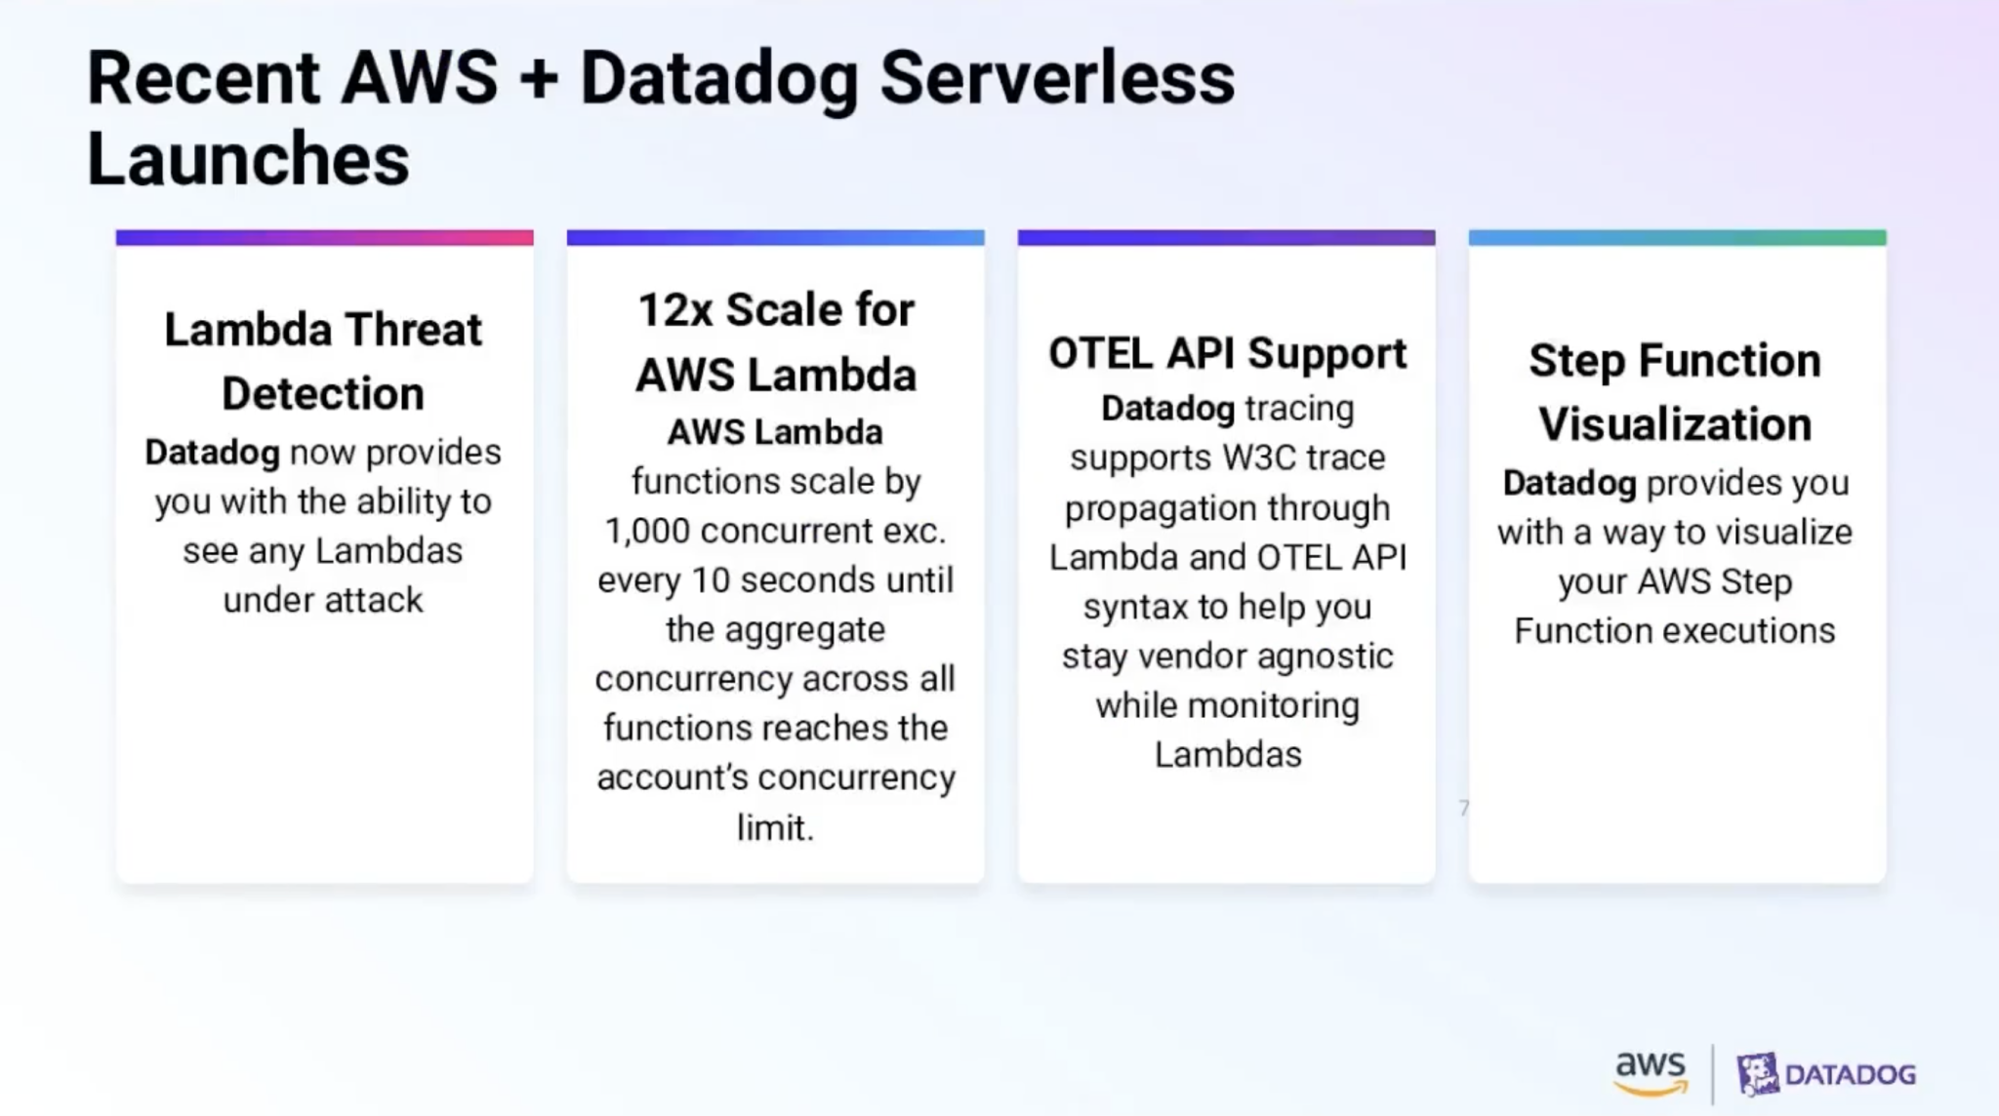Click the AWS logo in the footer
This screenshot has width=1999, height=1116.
tap(1651, 1072)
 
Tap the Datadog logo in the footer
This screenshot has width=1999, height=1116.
tap(1826, 1074)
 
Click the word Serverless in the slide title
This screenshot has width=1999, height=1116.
tap(1057, 78)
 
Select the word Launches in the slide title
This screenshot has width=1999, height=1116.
tap(248, 159)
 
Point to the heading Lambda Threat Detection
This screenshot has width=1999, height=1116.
tap(323, 361)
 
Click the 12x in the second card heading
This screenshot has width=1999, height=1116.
tap(674, 310)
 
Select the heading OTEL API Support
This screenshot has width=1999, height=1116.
tap(1227, 353)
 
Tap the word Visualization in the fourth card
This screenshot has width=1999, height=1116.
tap(1675, 424)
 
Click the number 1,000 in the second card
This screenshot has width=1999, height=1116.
tap(646, 531)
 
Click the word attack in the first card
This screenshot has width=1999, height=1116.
tap(374, 600)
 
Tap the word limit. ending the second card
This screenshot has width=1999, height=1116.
tap(775, 828)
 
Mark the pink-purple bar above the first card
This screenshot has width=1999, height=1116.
tap(324, 238)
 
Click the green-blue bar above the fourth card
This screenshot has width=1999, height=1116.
tap(1677, 238)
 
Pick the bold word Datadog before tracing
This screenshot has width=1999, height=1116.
tap(1167, 409)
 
